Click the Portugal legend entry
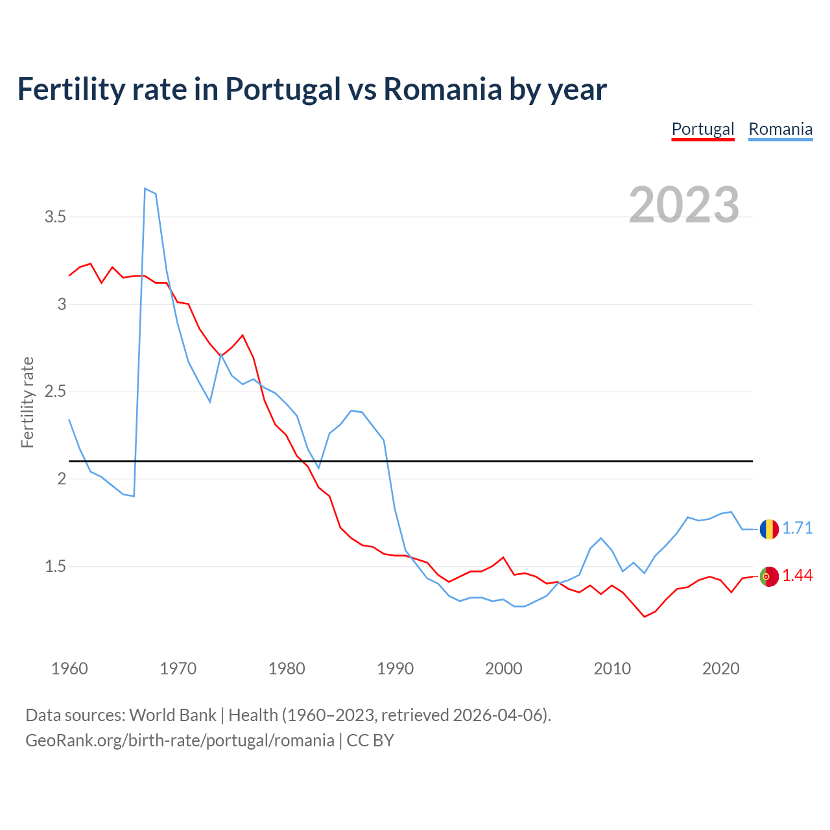(x=703, y=129)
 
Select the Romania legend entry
(x=780, y=129)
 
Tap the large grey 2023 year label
(x=684, y=205)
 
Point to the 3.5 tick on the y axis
(x=56, y=217)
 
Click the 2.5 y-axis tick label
(x=56, y=392)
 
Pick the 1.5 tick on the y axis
(x=56, y=567)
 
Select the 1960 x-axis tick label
(x=69, y=669)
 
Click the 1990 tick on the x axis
(x=395, y=669)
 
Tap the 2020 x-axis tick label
(x=720, y=669)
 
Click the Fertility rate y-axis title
(x=27, y=402)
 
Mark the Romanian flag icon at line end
(x=769, y=529)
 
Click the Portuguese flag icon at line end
(x=769, y=576)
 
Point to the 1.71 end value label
(x=797, y=528)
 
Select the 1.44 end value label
(x=797, y=576)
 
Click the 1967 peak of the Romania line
(x=145, y=189)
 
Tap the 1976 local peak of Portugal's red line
(x=243, y=335)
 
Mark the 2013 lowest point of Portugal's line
(x=645, y=617)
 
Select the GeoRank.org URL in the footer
(x=180, y=741)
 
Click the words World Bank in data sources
(x=172, y=715)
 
